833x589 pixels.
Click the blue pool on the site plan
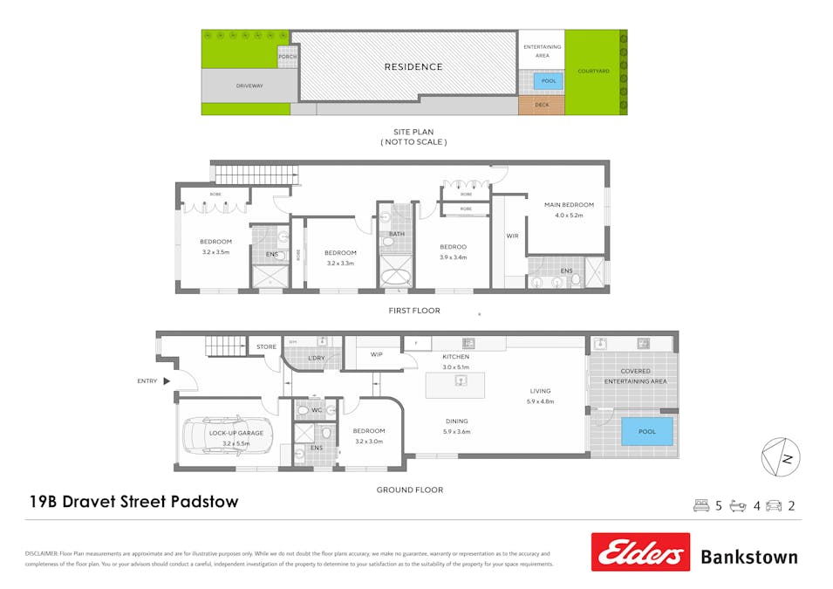click(549, 80)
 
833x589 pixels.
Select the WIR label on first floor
click(512, 236)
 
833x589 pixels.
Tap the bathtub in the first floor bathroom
click(397, 278)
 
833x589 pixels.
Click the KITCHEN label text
click(455, 357)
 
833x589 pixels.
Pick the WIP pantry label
click(377, 354)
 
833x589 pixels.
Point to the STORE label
click(266, 347)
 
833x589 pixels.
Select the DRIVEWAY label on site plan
click(249, 86)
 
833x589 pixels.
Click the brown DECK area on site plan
click(542, 105)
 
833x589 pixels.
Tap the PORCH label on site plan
click(287, 57)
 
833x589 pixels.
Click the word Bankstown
click(748, 557)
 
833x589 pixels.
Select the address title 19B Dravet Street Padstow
click(133, 502)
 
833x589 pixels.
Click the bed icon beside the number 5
click(701, 505)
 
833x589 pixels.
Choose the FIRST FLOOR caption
click(415, 311)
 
